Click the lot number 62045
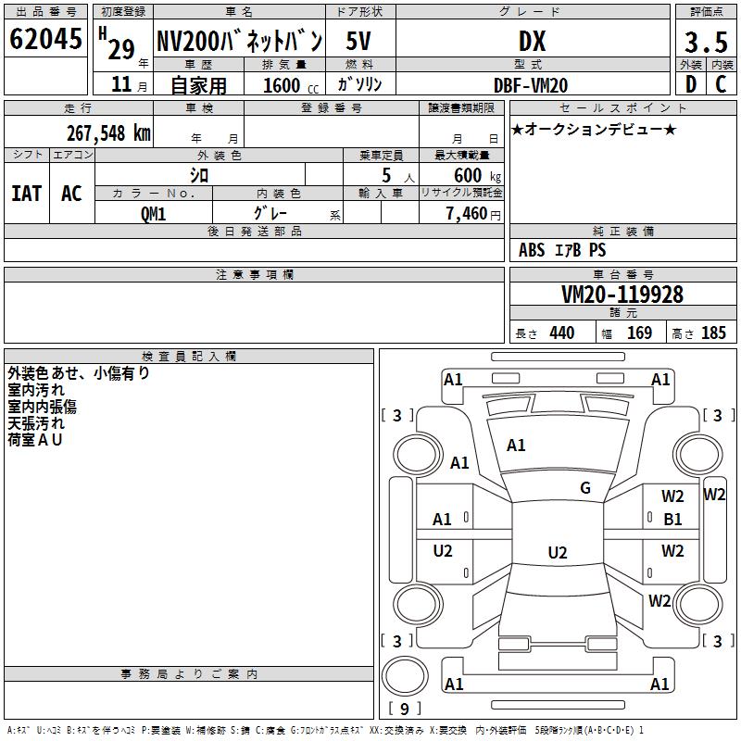pos(45,40)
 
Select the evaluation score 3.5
pos(705,42)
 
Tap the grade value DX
pos(532,41)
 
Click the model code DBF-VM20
pos(532,85)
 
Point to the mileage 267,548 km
pos(108,132)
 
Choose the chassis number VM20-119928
pos(622,295)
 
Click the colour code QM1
pos(153,213)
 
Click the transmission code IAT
pos(26,193)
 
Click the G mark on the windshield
pos(585,488)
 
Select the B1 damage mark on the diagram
pos(672,520)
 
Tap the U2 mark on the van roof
pos(557,553)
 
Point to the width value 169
pos(639,333)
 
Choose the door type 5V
pos(359,41)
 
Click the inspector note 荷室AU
pos(35,440)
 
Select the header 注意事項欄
pos(254,275)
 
